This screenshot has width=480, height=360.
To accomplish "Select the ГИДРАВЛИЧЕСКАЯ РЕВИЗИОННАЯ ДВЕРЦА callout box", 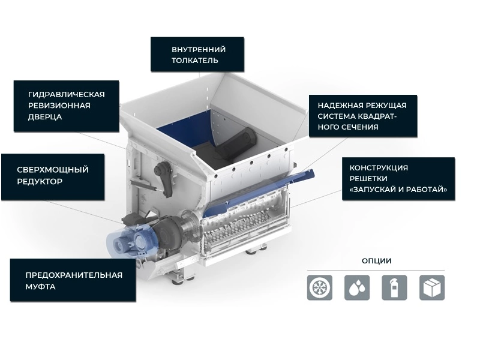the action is click(x=66, y=106).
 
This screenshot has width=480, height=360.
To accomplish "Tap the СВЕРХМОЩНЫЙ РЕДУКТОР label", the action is click(x=53, y=177).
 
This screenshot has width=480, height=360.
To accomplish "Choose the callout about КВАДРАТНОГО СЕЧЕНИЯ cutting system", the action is click(x=363, y=116).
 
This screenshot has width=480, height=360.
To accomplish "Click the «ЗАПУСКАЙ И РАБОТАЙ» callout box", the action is click(x=398, y=179).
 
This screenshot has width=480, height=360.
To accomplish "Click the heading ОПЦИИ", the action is click(x=377, y=261).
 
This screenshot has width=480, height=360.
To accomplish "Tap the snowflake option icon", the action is click(x=320, y=287).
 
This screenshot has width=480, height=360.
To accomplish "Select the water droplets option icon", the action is click(x=357, y=287).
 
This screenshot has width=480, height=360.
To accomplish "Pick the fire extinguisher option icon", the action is click(x=394, y=287).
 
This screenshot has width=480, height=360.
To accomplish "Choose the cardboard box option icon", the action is click(x=431, y=287).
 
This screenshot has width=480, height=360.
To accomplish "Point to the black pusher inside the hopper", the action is click(x=236, y=143).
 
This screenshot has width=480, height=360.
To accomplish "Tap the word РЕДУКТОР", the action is click(x=40, y=182).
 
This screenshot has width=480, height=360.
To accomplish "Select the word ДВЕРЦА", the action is click(x=45, y=117).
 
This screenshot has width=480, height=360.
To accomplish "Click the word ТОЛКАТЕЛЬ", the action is click(x=194, y=61).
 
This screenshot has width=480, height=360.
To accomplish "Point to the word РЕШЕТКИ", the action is click(x=368, y=178).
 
